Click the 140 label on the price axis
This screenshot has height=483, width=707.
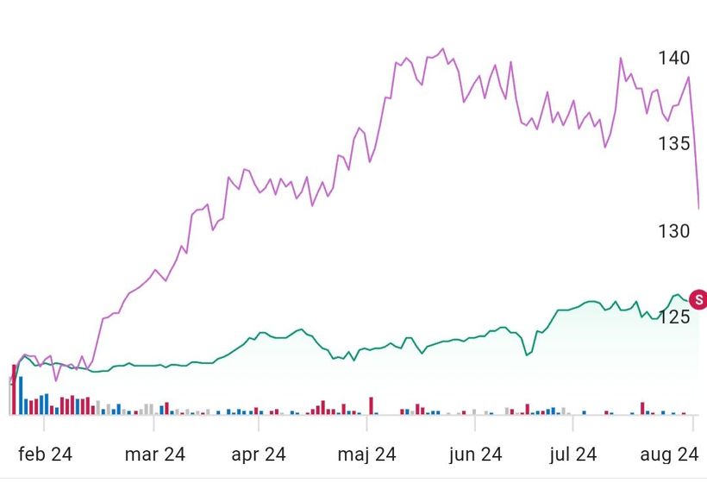[x=673, y=58]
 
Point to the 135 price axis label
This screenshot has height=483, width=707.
[x=673, y=143]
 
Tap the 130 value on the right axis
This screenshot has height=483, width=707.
[x=673, y=231]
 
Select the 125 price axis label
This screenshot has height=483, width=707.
[x=673, y=317]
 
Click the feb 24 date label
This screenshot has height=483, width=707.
[x=46, y=454]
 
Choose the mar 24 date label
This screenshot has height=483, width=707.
[x=154, y=454]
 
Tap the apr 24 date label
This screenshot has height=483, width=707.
[x=258, y=454]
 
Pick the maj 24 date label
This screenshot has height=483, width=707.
[x=366, y=454]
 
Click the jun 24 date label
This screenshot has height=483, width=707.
[x=475, y=454]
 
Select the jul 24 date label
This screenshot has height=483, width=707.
[x=573, y=454]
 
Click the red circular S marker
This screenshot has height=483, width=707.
[x=699, y=300]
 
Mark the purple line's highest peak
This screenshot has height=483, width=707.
[x=442, y=49]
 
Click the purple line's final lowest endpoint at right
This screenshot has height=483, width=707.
[x=698, y=207]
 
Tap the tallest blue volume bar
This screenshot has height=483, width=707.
[x=20, y=395]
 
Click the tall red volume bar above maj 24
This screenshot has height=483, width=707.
[x=372, y=405]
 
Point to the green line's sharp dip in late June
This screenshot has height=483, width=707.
[x=526, y=354]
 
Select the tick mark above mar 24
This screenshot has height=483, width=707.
[x=154, y=423]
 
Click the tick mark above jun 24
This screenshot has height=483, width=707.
[x=474, y=423]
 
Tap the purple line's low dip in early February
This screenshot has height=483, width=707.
[x=56, y=379]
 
